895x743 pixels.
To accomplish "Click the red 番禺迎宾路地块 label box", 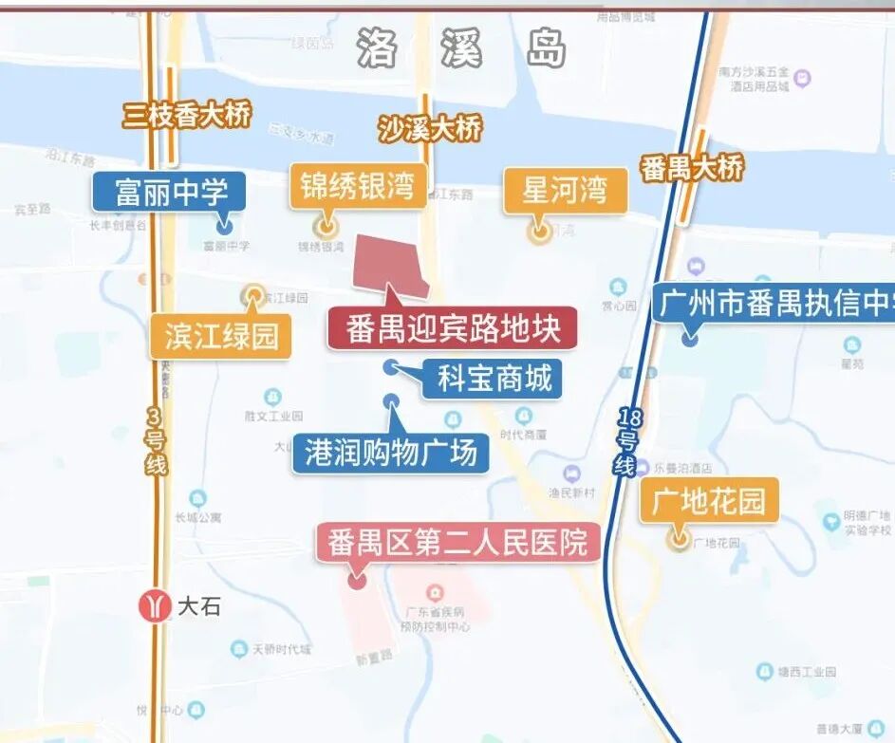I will coord(452,328).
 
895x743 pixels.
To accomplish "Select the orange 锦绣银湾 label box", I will coord(358,186).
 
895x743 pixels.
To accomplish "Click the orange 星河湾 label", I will coord(565,190).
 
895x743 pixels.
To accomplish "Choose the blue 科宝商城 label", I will coord(494,379).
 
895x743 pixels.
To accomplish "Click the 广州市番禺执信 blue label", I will coord(774,306).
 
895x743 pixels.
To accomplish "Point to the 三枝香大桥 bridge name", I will coord(187,116).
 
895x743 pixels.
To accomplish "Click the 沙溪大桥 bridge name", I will coord(429,127).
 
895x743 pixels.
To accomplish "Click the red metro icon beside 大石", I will coord(155,605).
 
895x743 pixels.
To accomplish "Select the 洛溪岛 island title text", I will coord(462,47).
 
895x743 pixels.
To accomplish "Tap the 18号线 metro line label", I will coord(626,441).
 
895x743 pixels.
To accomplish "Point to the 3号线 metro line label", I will coord(157,441).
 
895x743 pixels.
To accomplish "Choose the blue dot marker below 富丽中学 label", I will coord(224,226).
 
